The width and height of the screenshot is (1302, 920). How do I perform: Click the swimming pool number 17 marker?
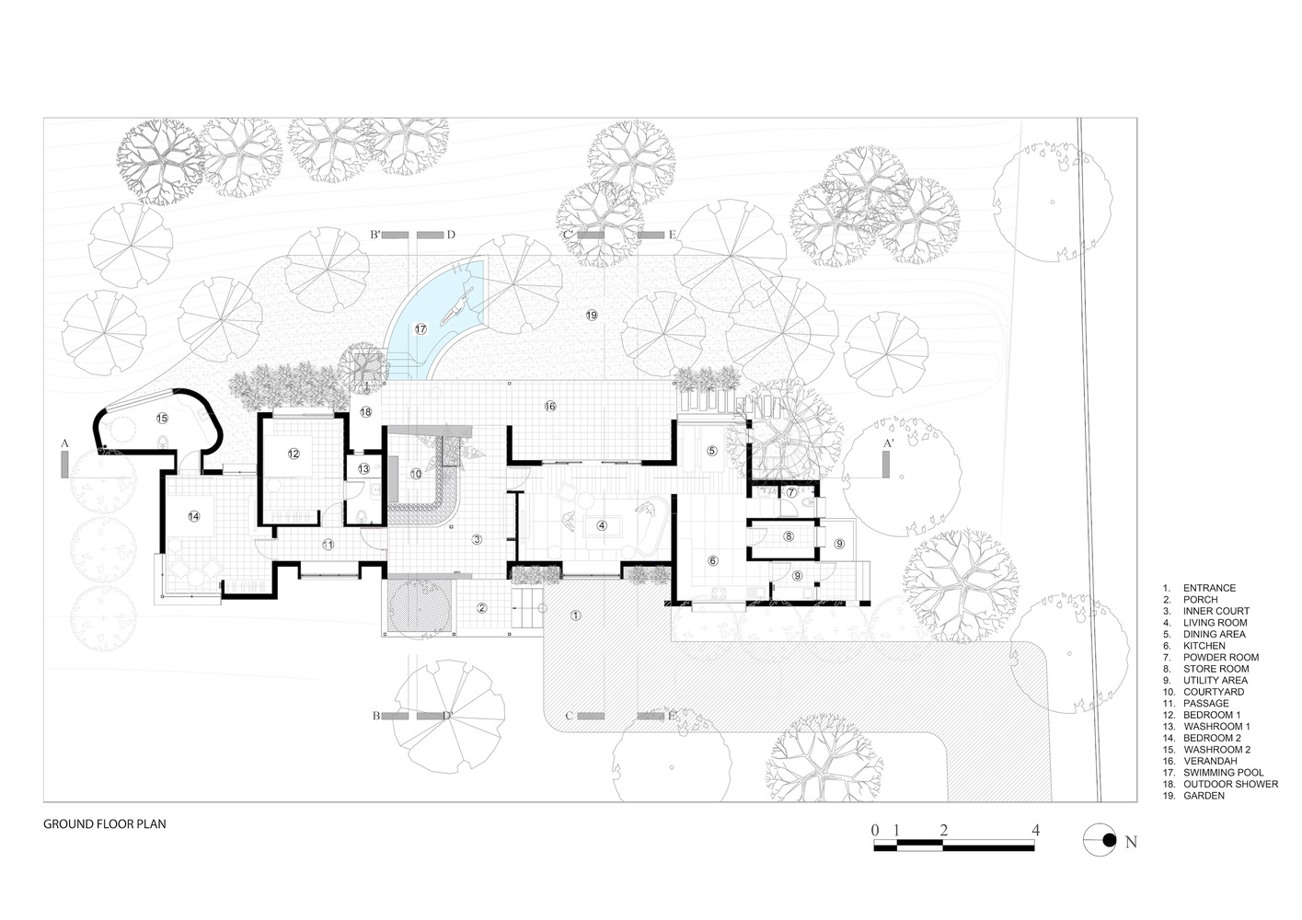pyautogui.click(x=421, y=328)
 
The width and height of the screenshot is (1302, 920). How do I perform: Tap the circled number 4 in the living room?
pyautogui.click(x=602, y=525)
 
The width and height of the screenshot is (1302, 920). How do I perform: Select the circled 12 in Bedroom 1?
pyautogui.click(x=294, y=454)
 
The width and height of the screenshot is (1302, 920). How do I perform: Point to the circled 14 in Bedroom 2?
pyautogui.click(x=194, y=516)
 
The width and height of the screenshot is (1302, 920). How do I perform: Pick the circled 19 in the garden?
pyautogui.click(x=592, y=316)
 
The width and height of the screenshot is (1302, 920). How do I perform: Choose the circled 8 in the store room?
pyautogui.click(x=788, y=535)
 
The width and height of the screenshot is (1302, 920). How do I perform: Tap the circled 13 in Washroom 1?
pyautogui.click(x=363, y=468)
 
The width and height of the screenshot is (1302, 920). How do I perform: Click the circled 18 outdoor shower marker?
pyautogui.click(x=366, y=412)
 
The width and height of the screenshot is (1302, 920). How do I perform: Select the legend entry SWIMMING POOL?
pyautogui.click(x=1223, y=773)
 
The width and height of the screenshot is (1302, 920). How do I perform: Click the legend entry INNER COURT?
pyautogui.click(x=1216, y=611)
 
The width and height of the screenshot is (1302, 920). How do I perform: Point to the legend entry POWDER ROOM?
pyautogui.click(x=1220, y=658)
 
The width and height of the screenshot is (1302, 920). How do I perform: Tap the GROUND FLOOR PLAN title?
pyautogui.click(x=105, y=825)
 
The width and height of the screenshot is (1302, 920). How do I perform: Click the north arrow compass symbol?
pyautogui.click(x=1103, y=840)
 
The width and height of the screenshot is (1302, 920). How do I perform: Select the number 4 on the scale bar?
pyautogui.click(x=1036, y=830)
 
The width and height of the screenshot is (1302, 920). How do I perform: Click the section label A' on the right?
pyautogui.click(x=887, y=443)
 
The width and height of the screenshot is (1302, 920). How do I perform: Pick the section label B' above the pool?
pyautogui.click(x=375, y=236)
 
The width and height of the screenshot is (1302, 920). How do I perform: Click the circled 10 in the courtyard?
pyautogui.click(x=416, y=474)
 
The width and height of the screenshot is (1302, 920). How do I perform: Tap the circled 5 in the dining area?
pyautogui.click(x=711, y=451)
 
